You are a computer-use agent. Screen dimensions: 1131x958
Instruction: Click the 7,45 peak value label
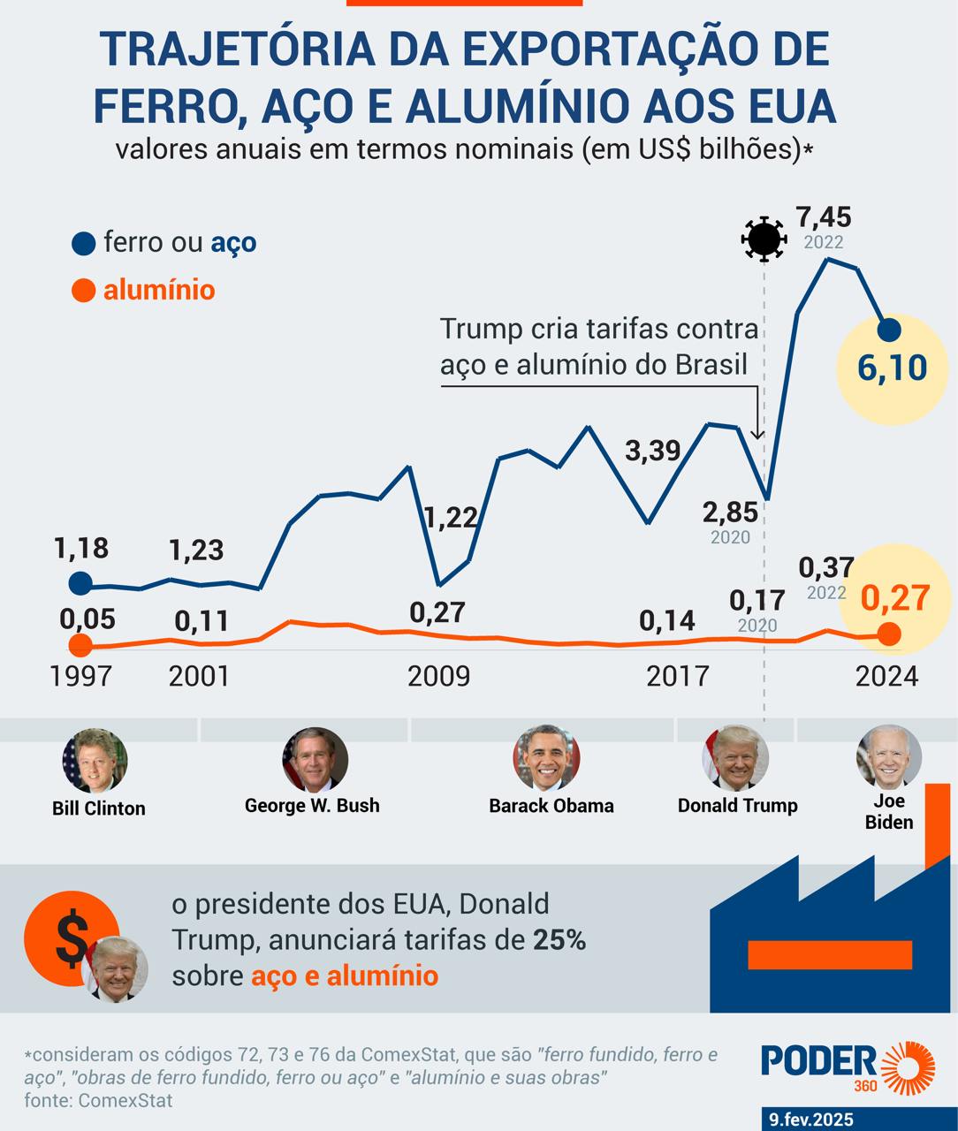click(823, 216)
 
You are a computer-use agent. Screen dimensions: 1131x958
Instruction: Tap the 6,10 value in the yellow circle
click(892, 367)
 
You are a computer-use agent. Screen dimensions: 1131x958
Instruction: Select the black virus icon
click(764, 239)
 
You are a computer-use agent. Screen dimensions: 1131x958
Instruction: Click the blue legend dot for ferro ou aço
click(84, 243)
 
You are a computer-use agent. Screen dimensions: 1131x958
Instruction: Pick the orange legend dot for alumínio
click(84, 290)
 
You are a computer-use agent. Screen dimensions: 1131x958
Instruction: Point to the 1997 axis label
click(80, 676)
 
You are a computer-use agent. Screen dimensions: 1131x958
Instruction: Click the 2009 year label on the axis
click(438, 676)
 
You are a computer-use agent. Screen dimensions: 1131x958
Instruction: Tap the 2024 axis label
click(886, 676)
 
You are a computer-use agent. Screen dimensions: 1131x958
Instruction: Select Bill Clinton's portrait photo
click(95, 760)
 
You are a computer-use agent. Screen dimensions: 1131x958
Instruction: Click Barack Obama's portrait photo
click(546, 758)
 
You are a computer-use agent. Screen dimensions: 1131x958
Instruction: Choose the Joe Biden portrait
click(888, 757)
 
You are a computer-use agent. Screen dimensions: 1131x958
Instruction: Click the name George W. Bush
click(312, 805)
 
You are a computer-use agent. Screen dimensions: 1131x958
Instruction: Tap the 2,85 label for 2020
click(730, 512)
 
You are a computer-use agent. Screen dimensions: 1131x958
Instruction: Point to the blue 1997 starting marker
click(80, 583)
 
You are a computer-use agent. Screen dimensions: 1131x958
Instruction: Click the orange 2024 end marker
click(889, 634)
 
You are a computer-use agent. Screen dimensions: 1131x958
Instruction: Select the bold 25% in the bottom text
click(559, 940)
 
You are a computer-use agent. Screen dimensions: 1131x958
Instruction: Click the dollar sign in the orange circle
click(71, 939)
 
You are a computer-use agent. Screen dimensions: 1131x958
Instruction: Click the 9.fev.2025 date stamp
click(811, 1120)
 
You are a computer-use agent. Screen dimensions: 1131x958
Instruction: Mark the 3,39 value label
click(653, 451)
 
